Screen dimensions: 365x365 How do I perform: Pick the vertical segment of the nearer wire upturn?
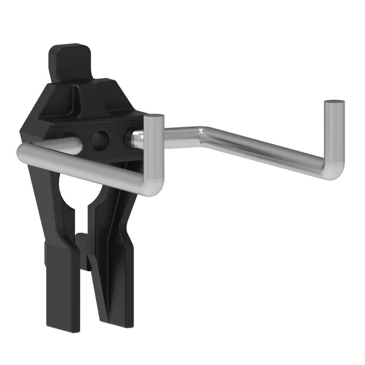coord(153,153)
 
